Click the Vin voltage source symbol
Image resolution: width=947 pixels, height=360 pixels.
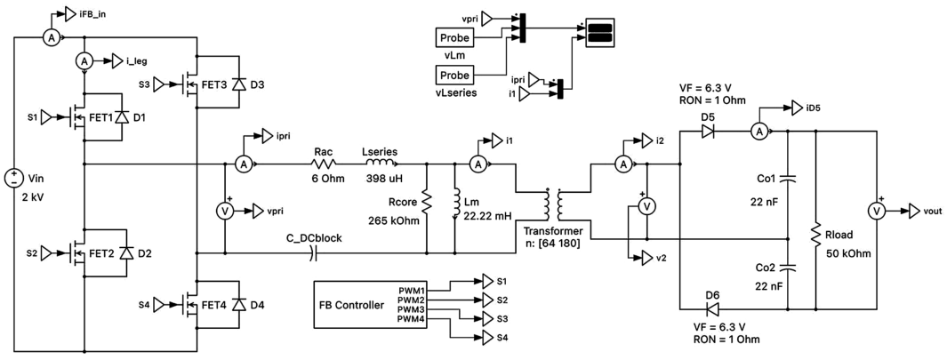[x=12, y=179]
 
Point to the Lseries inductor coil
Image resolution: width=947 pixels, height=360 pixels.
[x=379, y=163]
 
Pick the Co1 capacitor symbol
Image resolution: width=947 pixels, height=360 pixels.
[x=787, y=179]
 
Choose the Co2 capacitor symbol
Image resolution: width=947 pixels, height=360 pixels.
[x=787, y=266]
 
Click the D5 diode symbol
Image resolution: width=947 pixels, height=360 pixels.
[x=707, y=132]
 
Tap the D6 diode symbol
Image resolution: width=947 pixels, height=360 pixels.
[x=707, y=310]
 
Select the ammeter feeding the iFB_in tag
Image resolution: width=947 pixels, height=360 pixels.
[x=51, y=37]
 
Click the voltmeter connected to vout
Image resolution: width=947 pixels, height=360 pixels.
[x=877, y=211]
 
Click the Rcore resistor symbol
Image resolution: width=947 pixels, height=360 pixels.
[x=427, y=203]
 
